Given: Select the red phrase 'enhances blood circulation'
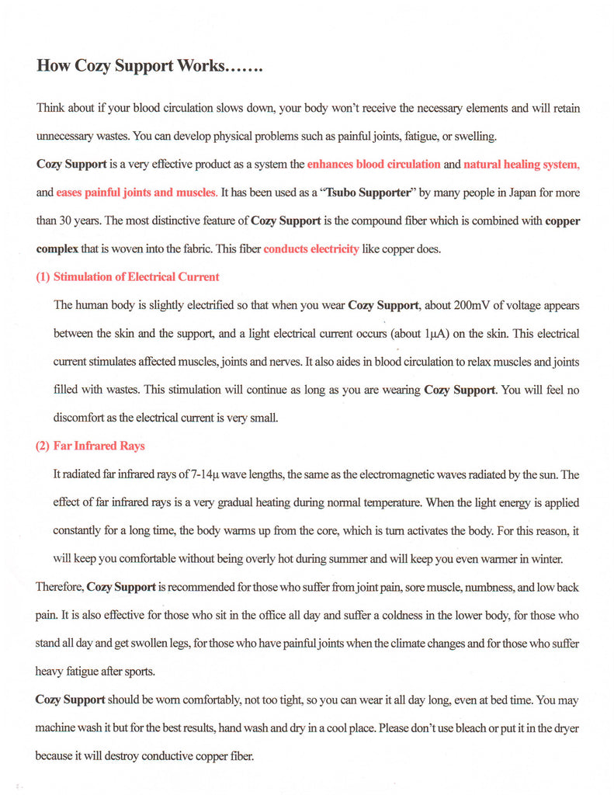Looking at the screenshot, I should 373,165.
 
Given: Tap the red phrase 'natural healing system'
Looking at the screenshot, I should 521,165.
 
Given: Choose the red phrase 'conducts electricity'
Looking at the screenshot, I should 311,248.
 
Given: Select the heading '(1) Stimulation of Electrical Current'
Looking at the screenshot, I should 127,276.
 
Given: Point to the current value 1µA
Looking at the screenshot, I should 434,333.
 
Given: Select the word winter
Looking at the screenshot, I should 545,558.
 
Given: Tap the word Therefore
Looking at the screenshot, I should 60,587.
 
